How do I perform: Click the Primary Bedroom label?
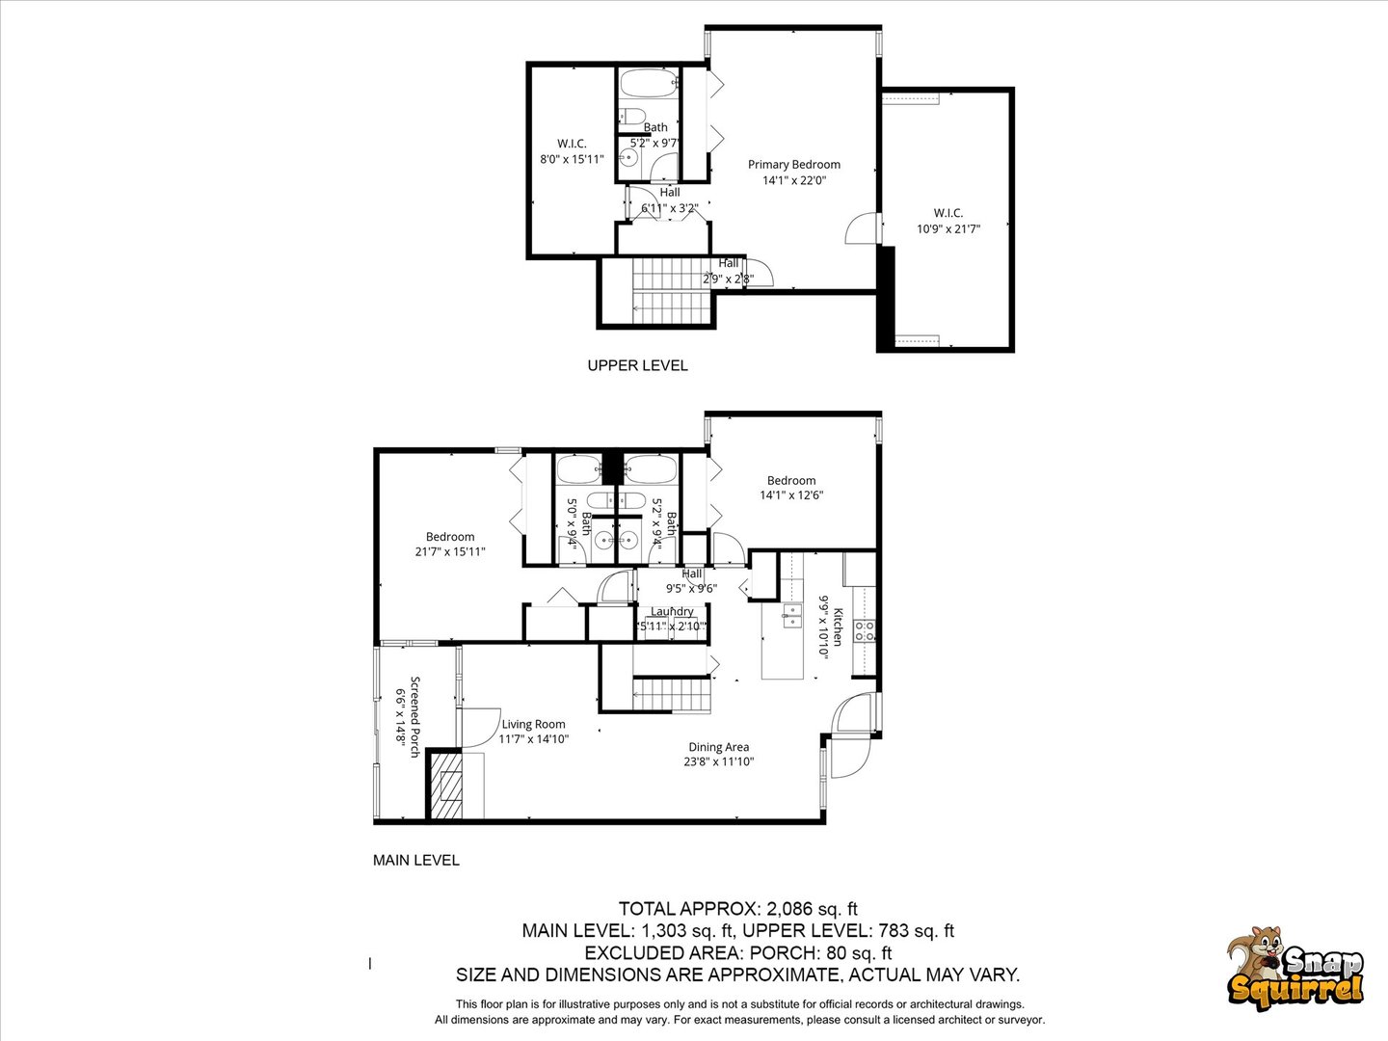793,164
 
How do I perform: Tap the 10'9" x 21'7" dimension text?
948,228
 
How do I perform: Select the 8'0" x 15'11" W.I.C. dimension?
572,159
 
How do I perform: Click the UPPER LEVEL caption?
637,365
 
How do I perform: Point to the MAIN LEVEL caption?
416,860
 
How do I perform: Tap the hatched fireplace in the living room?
446,786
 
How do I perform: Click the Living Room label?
533,724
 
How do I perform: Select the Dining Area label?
718,747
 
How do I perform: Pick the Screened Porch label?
415,717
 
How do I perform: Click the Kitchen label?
839,627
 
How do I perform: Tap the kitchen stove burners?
865,630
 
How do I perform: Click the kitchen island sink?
792,616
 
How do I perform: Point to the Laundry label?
672,611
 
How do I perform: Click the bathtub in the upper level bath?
649,83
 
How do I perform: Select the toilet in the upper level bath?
631,117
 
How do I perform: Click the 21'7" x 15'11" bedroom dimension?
449,551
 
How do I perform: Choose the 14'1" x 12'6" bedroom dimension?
791,495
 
